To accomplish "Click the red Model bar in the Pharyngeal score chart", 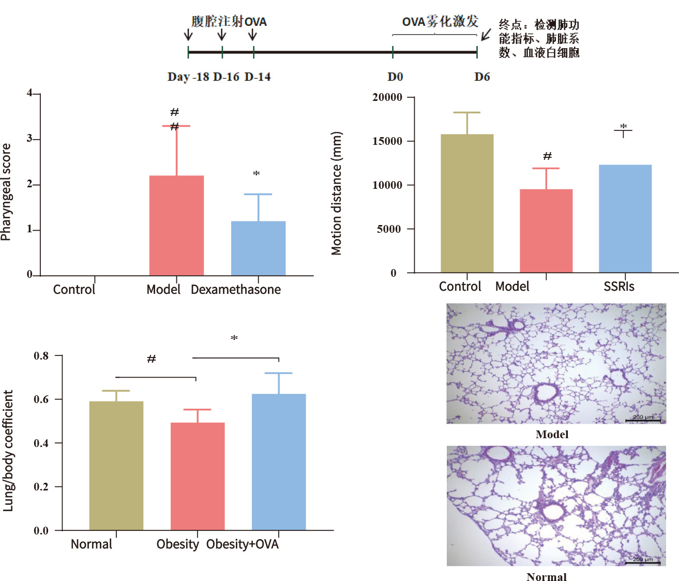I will tap(176, 225).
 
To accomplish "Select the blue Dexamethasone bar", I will tap(258, 248).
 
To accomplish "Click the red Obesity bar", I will tap(198, 476).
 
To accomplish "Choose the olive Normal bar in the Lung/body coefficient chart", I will tap(116, 465).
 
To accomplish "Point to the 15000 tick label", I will tap(387, 141).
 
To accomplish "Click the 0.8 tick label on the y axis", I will tap(41, 356).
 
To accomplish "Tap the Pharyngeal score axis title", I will tap(6, 192).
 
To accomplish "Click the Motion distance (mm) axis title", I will tap(337, 193).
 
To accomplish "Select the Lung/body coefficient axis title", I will tap(8, 451).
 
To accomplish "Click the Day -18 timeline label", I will tap(188, 77).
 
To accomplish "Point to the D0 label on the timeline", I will tap(395, 77).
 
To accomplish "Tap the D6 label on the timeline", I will tap(482, 77).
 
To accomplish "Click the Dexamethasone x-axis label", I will tap(236, 290).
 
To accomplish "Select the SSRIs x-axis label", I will tap(618, 287).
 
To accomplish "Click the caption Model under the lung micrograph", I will tap(552, 435).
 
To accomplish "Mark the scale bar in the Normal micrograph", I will tap(643, 563).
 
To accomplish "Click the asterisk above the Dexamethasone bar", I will tap(256, 174).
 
